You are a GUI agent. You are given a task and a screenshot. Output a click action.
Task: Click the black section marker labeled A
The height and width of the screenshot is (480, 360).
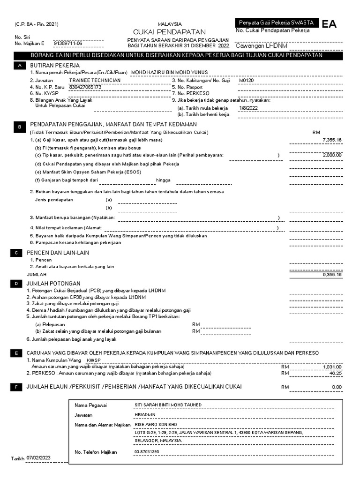coord(19,66)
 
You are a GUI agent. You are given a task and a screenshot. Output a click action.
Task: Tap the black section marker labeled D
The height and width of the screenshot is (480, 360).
coord(16,284)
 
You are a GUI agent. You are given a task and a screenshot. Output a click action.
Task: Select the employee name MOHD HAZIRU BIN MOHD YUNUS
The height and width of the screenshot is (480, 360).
coord(168,73)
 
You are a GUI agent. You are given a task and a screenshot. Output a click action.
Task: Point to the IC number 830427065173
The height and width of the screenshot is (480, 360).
coord(85,87)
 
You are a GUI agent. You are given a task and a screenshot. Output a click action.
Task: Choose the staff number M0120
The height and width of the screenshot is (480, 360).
coord(246,80)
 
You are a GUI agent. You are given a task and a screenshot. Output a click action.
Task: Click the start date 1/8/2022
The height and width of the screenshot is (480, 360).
coord(248,107)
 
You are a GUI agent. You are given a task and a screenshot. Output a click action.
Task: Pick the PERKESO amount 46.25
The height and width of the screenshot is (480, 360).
coord(336,374)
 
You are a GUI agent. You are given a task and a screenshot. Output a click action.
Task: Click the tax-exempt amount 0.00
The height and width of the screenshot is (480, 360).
coord(337,387)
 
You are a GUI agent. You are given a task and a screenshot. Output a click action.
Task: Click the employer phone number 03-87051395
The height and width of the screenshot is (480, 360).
coord(147,452)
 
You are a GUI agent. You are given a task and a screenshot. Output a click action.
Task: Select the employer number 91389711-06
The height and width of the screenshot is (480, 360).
coord(68,43)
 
